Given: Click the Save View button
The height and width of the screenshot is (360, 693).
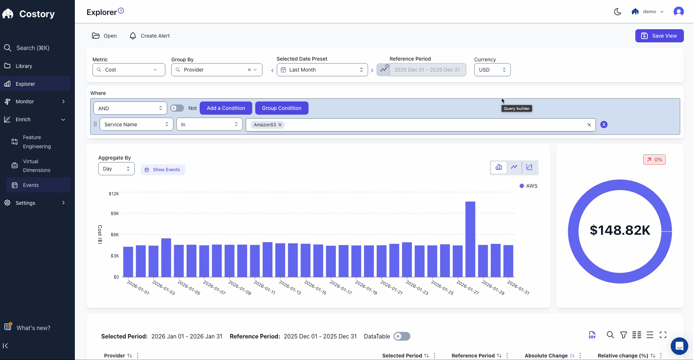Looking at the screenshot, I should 659,36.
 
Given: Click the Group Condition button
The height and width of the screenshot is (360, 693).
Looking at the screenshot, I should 282,108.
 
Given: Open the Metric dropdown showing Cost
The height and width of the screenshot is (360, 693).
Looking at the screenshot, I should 129,70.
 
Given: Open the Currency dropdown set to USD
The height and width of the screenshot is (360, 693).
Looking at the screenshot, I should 492,70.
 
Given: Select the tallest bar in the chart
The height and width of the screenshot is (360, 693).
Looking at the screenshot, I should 470,239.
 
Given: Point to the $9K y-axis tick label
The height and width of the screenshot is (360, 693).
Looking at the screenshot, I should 115,213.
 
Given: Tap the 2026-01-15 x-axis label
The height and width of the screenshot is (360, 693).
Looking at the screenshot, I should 315,287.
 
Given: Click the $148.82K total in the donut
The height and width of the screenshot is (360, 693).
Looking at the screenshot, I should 620,230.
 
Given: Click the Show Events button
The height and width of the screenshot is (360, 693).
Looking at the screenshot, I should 163,170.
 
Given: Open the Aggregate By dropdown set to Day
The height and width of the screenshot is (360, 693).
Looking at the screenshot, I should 116,169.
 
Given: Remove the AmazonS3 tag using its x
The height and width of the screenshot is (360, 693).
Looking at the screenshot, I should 280,125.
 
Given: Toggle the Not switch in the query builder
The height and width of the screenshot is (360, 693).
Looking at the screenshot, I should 177,108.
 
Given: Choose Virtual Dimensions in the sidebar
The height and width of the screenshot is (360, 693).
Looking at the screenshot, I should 36,166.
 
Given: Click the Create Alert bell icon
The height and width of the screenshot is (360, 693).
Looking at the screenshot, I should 133,36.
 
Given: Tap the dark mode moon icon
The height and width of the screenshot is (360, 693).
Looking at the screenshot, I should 617,12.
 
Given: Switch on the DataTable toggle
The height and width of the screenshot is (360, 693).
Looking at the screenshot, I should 402,336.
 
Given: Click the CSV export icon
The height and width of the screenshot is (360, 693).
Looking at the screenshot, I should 592,335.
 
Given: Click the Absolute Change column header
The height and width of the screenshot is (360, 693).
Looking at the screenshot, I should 546,356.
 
